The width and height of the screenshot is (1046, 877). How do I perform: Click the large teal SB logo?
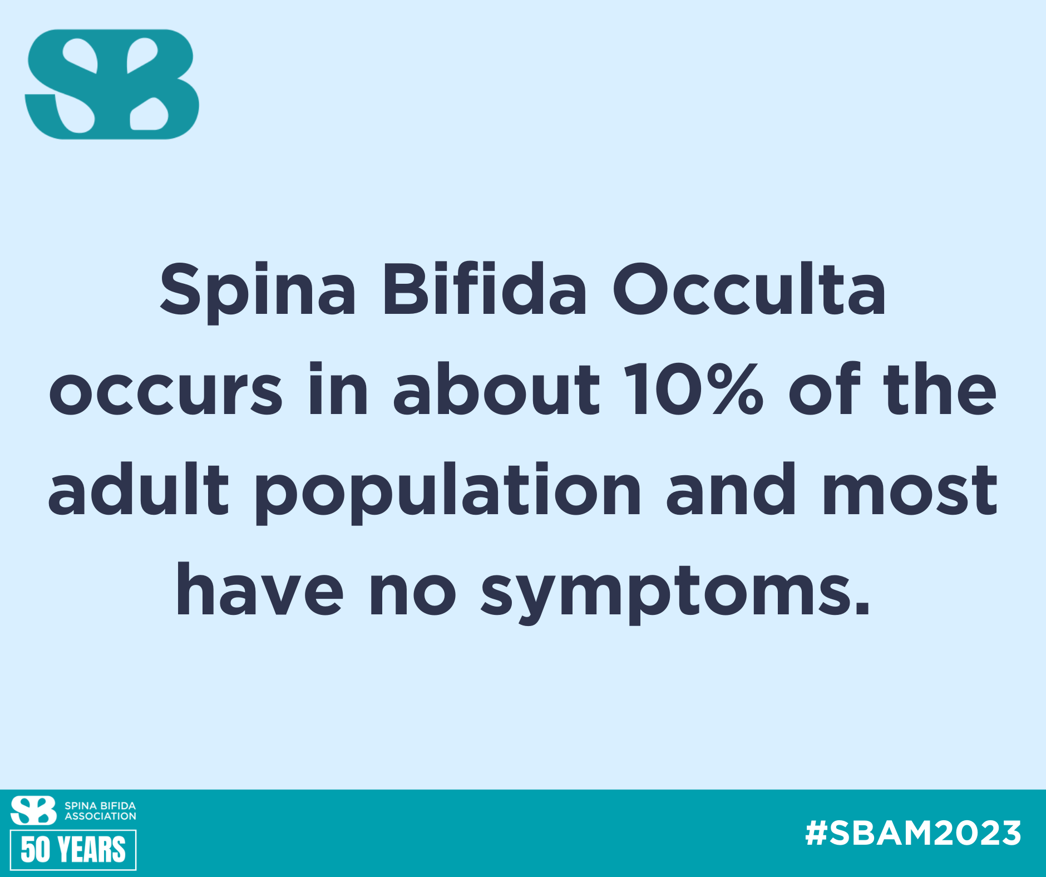click(112, 84)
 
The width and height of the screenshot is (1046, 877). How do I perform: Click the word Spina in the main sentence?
click(258, 293)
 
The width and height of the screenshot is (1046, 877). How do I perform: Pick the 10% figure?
click(693, 390)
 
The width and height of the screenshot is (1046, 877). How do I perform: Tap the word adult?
click(139, 489)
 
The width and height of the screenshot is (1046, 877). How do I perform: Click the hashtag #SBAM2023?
click(913, 833)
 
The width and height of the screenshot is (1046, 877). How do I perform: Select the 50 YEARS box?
click(73, 850)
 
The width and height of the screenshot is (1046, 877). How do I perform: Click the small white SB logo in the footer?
click(33, 810)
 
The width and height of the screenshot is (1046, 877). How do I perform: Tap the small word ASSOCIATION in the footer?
click(100, 816)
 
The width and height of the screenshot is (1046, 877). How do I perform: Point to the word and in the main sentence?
click(731, 489)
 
